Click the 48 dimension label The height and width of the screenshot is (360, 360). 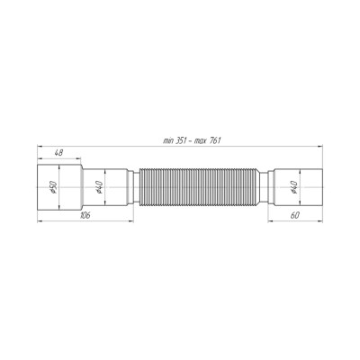tap(58, 155)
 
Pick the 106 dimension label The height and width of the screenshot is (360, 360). tap(84, 216)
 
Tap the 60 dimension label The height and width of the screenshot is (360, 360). tap(294, 216)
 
